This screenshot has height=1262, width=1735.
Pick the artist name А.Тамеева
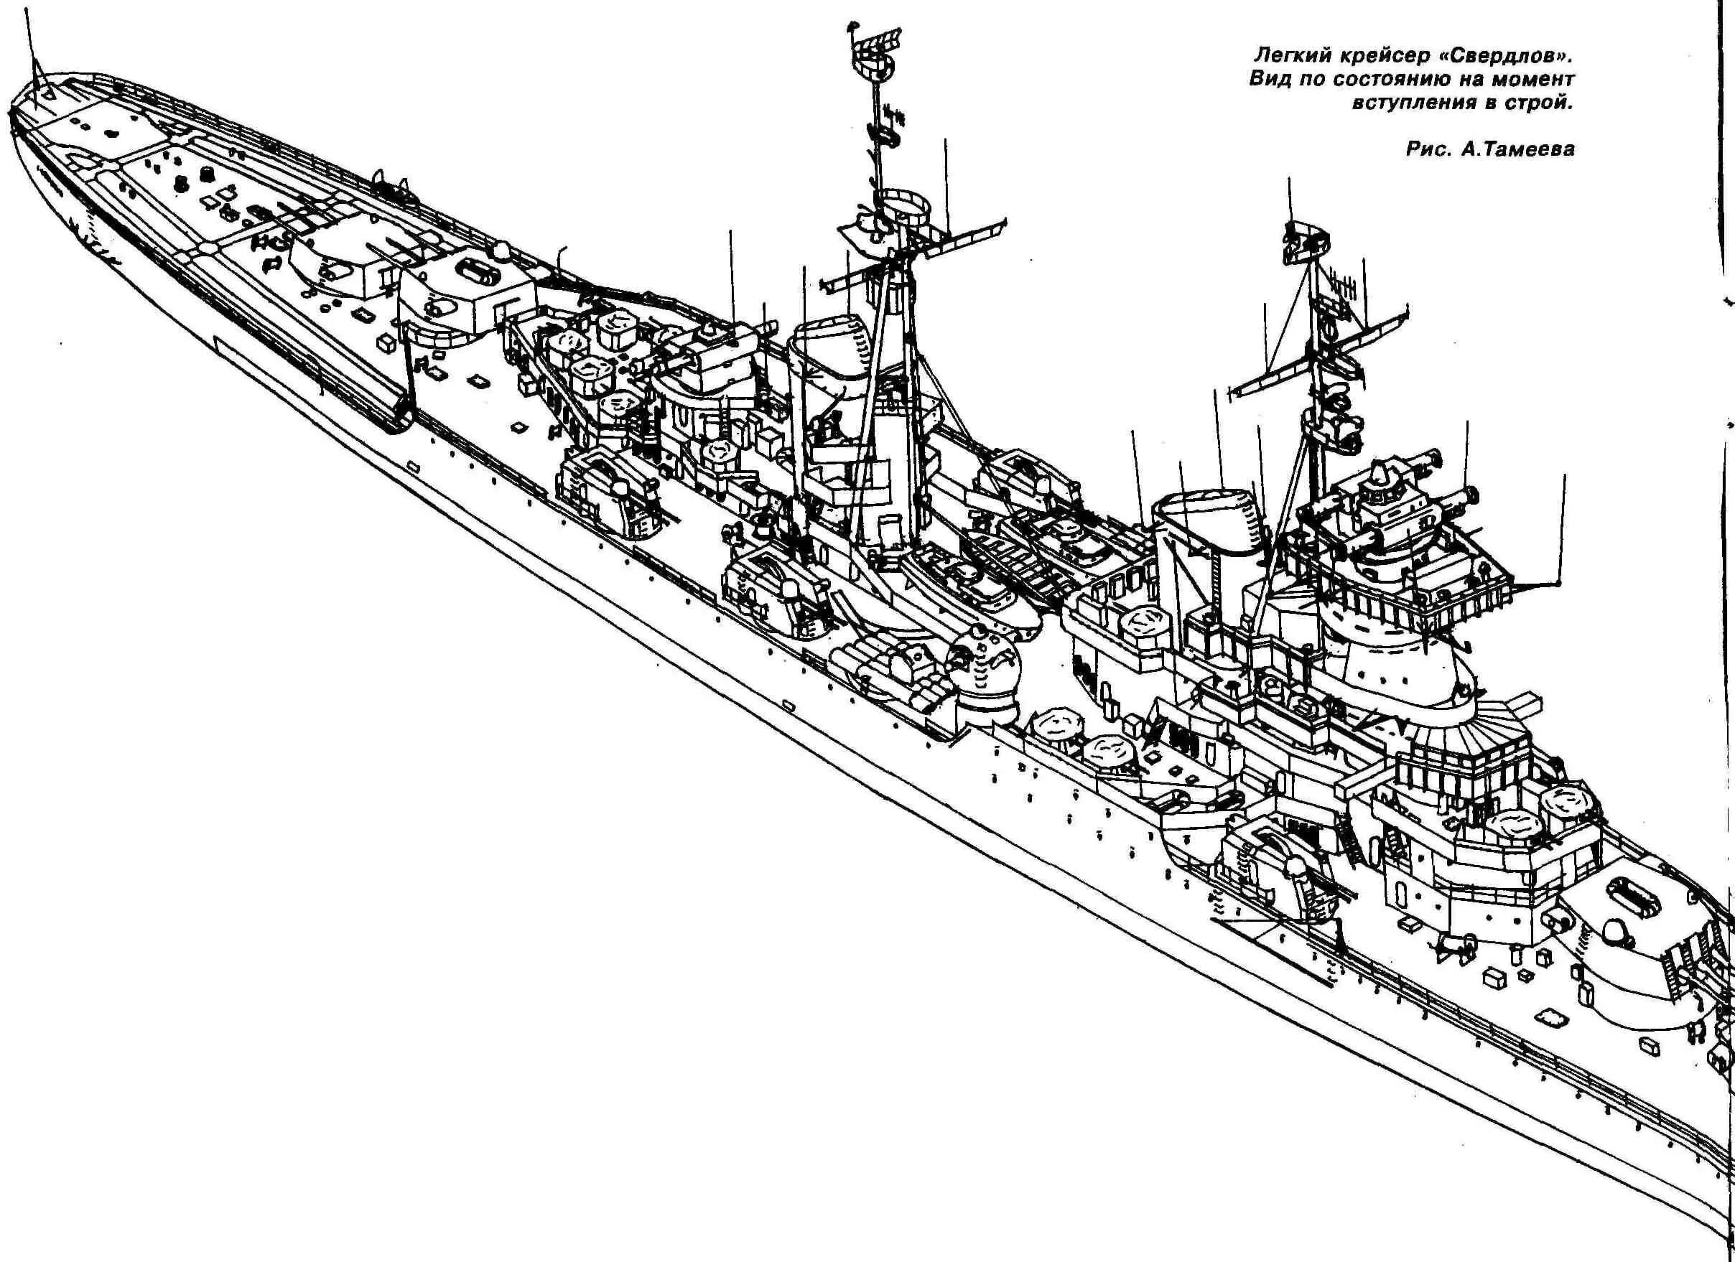pos(1516,149)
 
